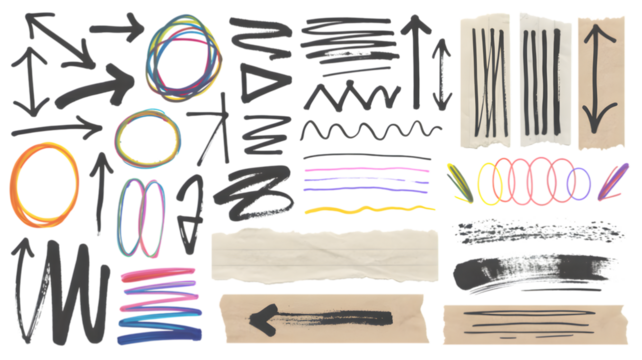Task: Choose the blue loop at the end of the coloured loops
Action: click(579, 184)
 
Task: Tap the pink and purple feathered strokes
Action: click(611, 180)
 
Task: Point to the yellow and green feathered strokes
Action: click(459, 178)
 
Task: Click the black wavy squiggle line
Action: click(370, 131)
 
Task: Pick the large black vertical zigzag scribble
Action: click(71, 290)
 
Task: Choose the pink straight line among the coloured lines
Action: click(366, 169)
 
